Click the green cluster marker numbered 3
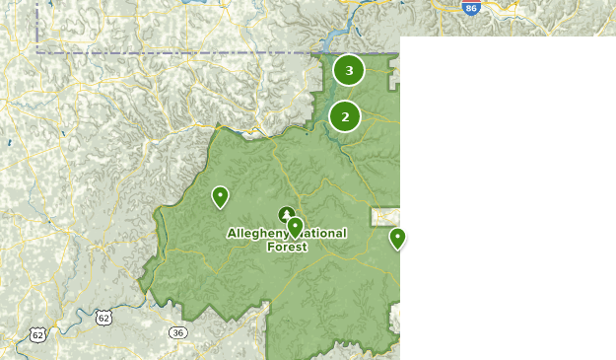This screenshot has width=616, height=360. (x=349, y=70)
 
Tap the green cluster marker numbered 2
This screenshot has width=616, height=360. (x=345, y=116)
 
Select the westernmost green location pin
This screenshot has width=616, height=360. (x=220, y=196)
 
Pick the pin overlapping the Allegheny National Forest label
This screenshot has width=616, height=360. (x=295, y=228)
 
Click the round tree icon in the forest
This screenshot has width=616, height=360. (x=286, y=214)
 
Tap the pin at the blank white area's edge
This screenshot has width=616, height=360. (x=397, y=237)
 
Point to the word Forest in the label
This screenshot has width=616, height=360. (x=287, y=247)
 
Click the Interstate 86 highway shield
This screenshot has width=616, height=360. (x=472, y=7)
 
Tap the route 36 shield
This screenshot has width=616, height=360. (x=177, y=332)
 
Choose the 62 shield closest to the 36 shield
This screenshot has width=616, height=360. (x=103, y=317)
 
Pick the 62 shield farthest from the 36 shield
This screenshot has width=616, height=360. (x=37, y=335)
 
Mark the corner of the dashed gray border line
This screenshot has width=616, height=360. (x=38, y=51)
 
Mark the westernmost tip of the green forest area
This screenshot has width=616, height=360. (x=139, y=288)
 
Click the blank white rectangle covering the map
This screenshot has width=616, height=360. (x=508, y=197)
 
